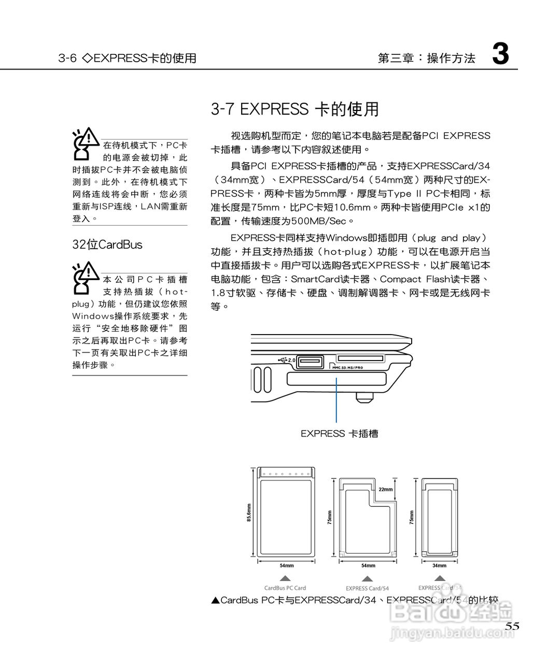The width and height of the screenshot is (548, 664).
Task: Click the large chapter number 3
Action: click(500, 54)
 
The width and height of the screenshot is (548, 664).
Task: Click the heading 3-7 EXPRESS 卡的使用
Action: click(294, 109)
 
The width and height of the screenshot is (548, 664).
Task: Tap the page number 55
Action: click(512, 626)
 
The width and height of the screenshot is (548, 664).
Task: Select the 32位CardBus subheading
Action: click(107, 245)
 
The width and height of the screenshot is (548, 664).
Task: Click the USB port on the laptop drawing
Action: click(310, 361)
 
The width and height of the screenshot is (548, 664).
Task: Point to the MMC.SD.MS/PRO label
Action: click(347, 368)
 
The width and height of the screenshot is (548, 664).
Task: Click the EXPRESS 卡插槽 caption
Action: click(339, 434)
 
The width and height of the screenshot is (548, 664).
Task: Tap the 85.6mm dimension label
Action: click(249, 513)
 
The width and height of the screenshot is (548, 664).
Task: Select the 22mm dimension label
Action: click(386, 489)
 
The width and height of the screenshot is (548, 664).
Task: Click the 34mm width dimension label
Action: click(439, 565)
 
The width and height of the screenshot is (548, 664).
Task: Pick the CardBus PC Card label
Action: click(285, 588)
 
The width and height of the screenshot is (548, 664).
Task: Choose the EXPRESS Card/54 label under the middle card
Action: click(367, 588)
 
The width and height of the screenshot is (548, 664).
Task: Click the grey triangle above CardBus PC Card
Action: click(285, 578)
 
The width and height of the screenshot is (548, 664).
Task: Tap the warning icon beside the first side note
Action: click(85, 143)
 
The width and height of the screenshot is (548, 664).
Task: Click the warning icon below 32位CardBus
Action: click(85, 278)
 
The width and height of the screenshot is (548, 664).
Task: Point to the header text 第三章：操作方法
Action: click(427, 58)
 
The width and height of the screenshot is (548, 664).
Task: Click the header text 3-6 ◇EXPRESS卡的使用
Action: click(127, 58)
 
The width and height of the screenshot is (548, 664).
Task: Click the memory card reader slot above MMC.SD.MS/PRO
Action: click(360, 358)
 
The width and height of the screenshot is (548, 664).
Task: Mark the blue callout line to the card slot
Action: click(336, 399)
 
